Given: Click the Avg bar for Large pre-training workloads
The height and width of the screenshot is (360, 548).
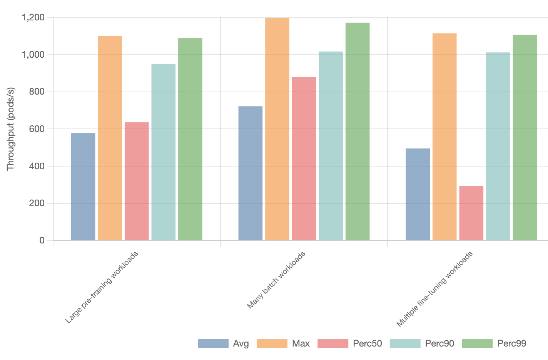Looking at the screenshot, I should point(83,187).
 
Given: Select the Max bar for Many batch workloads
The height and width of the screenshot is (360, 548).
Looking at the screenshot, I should point(277,129).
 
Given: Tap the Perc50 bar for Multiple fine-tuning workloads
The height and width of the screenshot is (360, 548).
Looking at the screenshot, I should point(471,213).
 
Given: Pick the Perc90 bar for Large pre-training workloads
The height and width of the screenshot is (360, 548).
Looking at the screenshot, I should point(163,152).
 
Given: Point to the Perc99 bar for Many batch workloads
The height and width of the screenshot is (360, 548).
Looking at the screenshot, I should point(358,132).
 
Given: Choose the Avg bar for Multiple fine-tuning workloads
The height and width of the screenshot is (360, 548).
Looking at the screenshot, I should point(418,195).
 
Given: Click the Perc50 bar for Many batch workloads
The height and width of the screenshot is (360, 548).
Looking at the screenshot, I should point(304,159).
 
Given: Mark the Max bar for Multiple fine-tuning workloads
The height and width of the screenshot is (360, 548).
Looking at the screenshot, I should point(444,137).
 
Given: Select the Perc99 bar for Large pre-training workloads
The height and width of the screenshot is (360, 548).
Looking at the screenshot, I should point(190,139).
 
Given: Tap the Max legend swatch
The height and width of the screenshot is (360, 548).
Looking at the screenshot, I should point(272,343).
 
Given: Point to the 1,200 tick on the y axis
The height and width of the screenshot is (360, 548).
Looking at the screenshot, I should point(33,17).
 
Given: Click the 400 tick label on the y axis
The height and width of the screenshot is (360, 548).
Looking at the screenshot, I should point(37,166).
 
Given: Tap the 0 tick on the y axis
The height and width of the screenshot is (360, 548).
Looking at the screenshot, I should point(42,240).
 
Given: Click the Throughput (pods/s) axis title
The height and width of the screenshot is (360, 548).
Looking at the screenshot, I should point(10,129).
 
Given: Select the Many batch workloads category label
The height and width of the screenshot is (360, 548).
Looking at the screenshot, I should point(276,280).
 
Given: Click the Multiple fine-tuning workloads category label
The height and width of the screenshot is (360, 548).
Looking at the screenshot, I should point(434,289).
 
